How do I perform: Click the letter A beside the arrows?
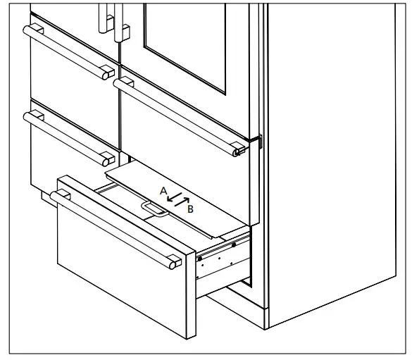163,191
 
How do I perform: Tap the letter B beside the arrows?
190,209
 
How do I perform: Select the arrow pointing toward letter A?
171,197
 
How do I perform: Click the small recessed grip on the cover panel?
151,207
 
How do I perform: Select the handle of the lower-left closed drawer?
67,134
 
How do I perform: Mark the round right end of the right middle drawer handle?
239,150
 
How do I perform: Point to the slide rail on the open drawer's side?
224,247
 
